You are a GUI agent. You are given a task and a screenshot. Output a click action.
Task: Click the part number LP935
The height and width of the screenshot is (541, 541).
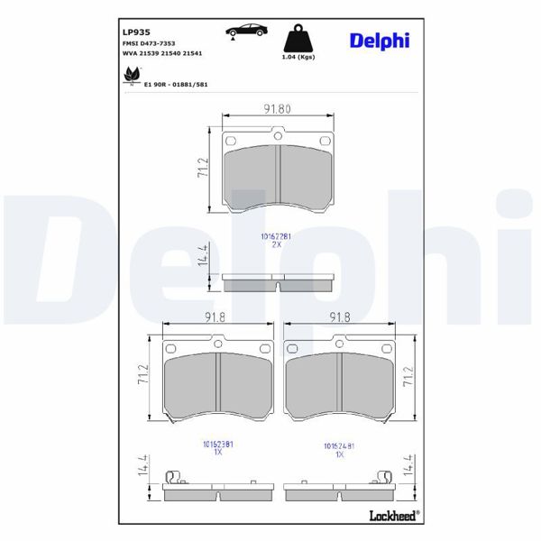point(135,31)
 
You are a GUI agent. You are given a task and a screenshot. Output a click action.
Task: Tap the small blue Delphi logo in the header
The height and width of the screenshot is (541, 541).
point(379,40)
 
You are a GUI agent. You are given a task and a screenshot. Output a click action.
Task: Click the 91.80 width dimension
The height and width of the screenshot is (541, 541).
point(277,108)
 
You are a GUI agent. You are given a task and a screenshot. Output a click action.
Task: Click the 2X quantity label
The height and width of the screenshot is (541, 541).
point(277,244)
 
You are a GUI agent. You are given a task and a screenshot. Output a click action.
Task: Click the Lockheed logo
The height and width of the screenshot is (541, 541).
point(392,515)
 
